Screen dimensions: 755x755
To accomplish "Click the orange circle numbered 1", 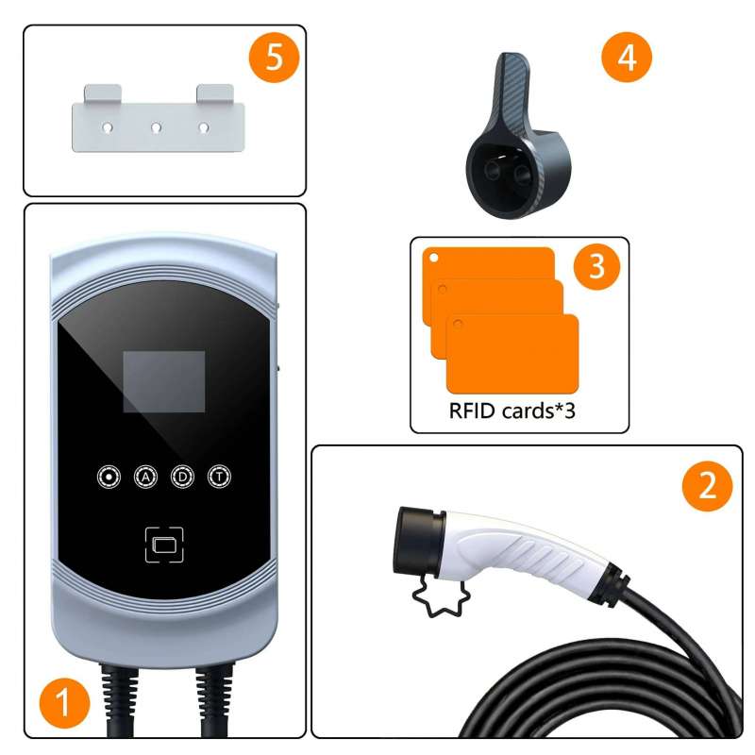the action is (x=64, y=702).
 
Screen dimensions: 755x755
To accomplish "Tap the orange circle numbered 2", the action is (x=707, y=486).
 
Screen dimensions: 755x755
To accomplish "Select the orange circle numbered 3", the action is (x=596, y=266).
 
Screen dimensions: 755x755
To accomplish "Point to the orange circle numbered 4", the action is (x=627, y=57).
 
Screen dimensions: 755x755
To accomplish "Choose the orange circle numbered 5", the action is (x=274, y=57).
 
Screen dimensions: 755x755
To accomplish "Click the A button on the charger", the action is (x=145, y=477).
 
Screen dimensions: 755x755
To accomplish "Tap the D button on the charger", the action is (x=182, y=477).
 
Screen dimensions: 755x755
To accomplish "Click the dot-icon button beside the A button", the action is (x=109, y=477).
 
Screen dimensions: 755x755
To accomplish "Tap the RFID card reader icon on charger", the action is (x=164, y=545).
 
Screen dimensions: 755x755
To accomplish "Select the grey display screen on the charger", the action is (x=164, y=382).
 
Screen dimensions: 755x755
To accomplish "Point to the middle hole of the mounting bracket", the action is (x=156, y=127).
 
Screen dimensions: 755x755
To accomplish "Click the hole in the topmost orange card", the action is (x=433, y=258).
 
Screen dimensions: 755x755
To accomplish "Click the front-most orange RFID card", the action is (x=512, y=354).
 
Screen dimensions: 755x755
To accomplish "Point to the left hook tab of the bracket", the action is (x=103, y=93).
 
